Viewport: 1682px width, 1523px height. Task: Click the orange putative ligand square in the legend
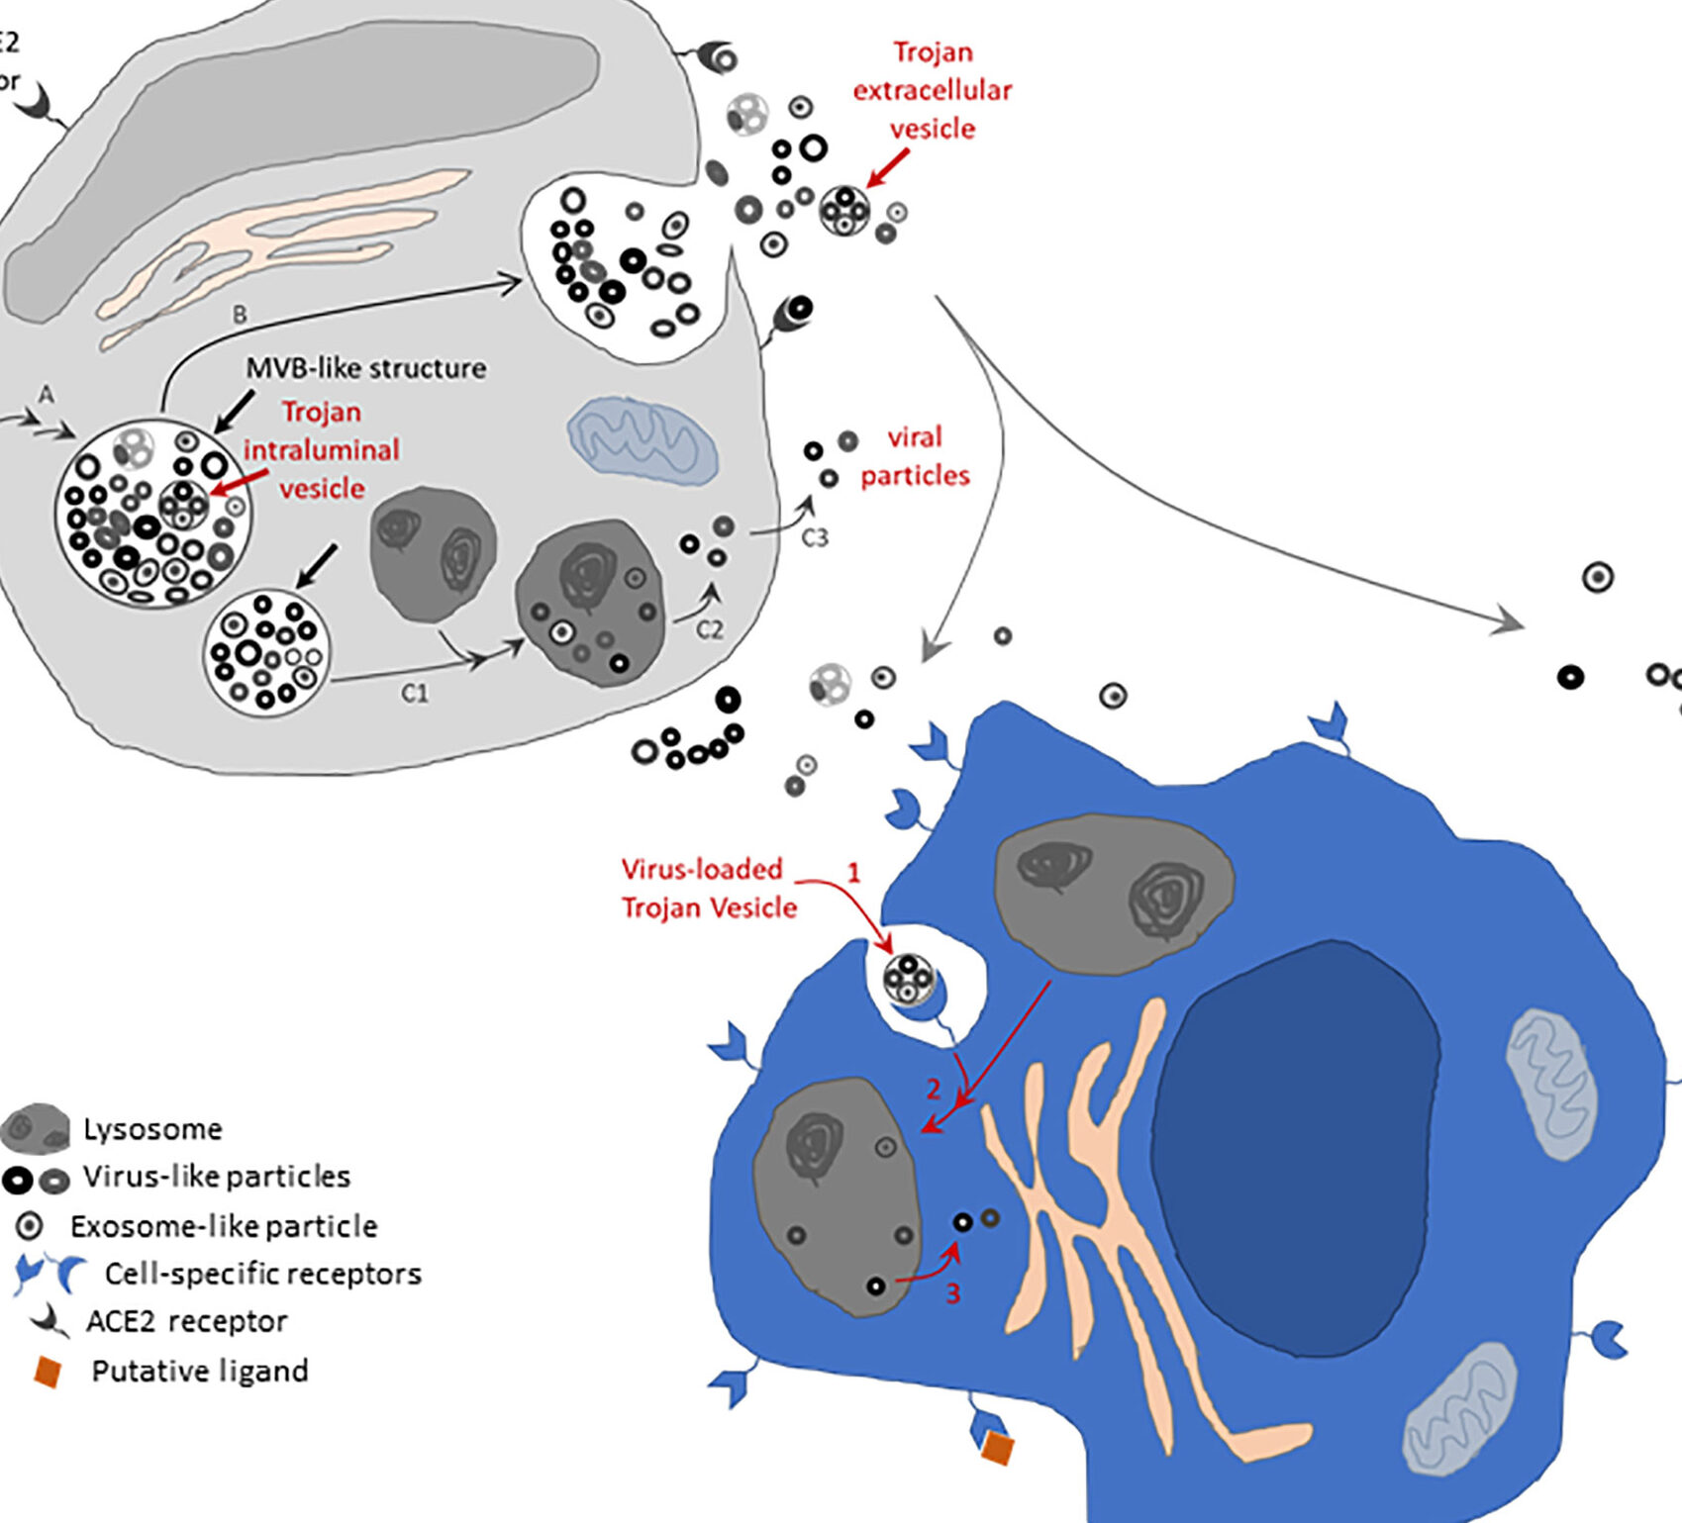click(48, 1372)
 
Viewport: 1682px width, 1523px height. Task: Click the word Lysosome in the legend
click(152, 1129)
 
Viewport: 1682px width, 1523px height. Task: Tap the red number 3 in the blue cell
click(952, 1293)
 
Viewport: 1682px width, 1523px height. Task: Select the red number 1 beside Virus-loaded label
click(853, 872)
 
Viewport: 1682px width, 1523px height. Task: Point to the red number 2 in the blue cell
click(933, 1090)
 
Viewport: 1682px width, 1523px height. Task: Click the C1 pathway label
click(415, 694)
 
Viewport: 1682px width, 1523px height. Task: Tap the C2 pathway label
click(710, 629)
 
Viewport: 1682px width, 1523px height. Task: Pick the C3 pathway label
click(814, 537)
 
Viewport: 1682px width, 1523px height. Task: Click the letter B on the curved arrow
click(240, 315)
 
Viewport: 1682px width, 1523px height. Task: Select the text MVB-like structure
click(366, 368)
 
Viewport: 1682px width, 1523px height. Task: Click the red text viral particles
click(914, 456)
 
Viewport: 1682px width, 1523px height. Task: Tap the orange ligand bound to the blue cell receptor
click(997, 1449)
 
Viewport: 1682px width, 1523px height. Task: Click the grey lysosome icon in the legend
click(36, 1129)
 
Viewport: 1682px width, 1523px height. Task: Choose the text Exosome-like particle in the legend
click(224, 1226)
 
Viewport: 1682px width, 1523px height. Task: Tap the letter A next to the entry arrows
click(46, 396)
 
